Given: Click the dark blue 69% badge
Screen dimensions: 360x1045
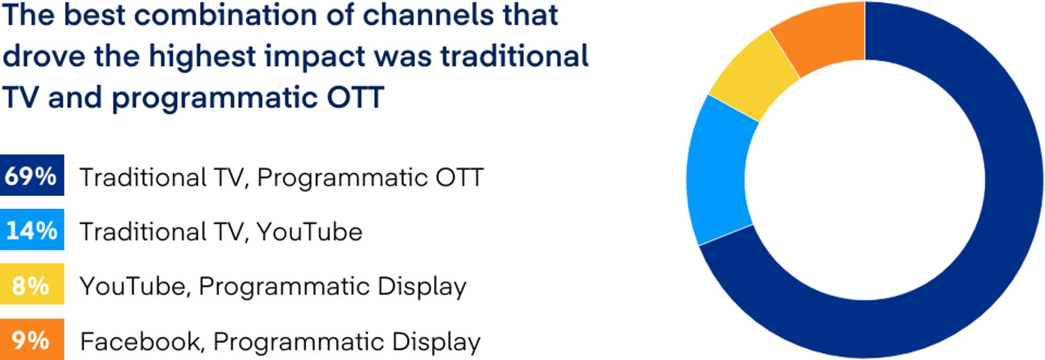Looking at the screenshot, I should coord(31,175).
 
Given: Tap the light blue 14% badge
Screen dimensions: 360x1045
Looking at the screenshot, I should coord(31,230).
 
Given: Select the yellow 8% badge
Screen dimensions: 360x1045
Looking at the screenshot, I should coord(31,284).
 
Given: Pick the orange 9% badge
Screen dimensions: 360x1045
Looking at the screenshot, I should coord(31,340).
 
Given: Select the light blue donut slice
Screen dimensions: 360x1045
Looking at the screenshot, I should coord(717,171).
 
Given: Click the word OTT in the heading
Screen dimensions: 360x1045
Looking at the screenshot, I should coord(355,98).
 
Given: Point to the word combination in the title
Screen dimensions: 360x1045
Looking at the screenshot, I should coord(226,14).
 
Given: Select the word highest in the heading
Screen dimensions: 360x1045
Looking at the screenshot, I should coord(202,57).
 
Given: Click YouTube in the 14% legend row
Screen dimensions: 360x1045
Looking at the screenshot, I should coord(309,232).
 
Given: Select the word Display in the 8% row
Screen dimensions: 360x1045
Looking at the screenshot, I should coord(422,286).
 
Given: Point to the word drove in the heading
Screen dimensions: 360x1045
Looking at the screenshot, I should coord(44,57).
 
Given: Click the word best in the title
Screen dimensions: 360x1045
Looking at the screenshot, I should coord(94,14).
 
